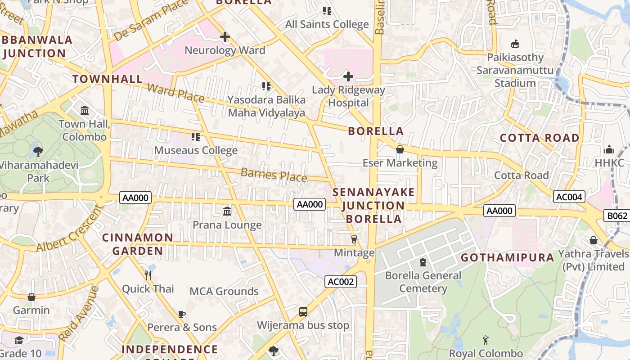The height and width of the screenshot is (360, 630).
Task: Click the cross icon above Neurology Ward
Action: pos(225,37)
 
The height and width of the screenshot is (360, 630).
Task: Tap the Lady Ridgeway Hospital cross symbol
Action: pos(348,76)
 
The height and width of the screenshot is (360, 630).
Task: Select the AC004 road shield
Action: pos(569,197)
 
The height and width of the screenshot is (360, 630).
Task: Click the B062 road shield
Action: pos(617,216)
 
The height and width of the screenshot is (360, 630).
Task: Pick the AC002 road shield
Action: pos(341,282)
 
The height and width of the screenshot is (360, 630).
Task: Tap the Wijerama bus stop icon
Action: pos(303,312)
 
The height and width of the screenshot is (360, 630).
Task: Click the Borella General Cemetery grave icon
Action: pos(423,262)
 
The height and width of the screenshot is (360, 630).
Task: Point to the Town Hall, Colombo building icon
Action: pos(85,110)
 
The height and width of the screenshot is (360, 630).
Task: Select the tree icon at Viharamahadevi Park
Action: pos(38,151)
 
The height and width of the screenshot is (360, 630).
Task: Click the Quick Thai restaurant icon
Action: pos(148,274)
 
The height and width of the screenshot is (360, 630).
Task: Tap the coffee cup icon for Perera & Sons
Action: pos(182,314)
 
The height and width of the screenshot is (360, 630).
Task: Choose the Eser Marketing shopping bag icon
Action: pos(400,149)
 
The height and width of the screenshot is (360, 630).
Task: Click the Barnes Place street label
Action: pos(274,175)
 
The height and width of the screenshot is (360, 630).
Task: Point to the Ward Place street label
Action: pos(175,93)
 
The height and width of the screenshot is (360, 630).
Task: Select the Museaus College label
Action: pos(196,150)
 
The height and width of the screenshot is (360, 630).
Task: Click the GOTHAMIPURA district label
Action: pos(508,258)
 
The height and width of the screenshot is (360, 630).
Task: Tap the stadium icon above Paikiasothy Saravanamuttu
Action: pos(515,44)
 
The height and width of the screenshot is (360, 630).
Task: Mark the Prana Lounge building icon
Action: pos(227,211)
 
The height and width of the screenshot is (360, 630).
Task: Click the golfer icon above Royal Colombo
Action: pos(486,340)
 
